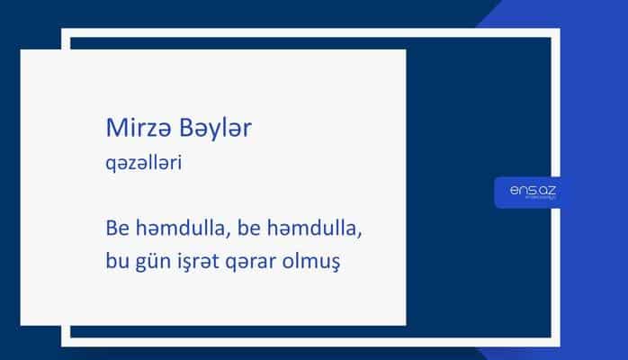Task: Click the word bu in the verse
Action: click(114, 263)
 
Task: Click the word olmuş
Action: click(320, 263)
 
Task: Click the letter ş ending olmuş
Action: click(339, 265)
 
